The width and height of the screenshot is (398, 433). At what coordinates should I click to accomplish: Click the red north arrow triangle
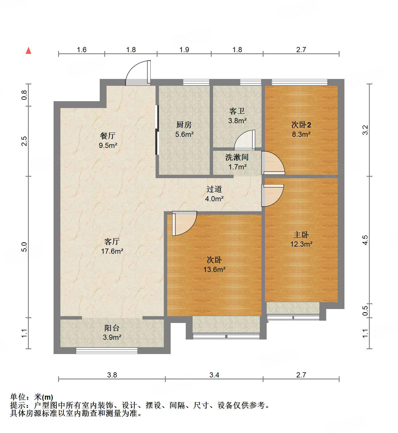(x=28, y=51)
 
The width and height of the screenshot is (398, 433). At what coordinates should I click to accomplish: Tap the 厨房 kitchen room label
(x=184, y=125)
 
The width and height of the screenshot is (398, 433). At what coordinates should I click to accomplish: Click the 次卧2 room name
(x=301, y=125)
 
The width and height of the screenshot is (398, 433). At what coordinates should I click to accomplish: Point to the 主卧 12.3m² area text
(x=301, y=244)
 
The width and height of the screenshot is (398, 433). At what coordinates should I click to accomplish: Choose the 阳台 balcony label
(x=112, y=328)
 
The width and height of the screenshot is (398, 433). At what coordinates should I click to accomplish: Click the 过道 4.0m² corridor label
(x=214, y=194)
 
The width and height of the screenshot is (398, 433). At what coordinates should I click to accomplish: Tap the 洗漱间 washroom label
(x=237, y=157)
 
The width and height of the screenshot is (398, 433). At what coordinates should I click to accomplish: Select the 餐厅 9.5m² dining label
(x=108, y=141)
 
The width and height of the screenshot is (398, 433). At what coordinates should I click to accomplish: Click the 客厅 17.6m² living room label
(x=112, y=246)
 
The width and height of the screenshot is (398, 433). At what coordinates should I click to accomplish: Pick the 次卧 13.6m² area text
(x=214, y=269)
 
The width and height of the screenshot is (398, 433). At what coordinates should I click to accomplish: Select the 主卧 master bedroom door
(x=272, y=195)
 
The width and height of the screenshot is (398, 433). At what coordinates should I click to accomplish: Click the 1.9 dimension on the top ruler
(x=184, y=50)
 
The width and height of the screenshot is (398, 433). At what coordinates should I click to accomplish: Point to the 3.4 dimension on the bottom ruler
(x=214, y=375)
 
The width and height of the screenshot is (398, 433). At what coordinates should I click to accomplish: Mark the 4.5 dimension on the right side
(x=365, y=240)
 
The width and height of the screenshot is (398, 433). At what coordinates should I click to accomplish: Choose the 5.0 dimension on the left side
(x=24, y=247)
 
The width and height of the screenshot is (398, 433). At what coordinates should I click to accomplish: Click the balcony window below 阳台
(x=107, y=351)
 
